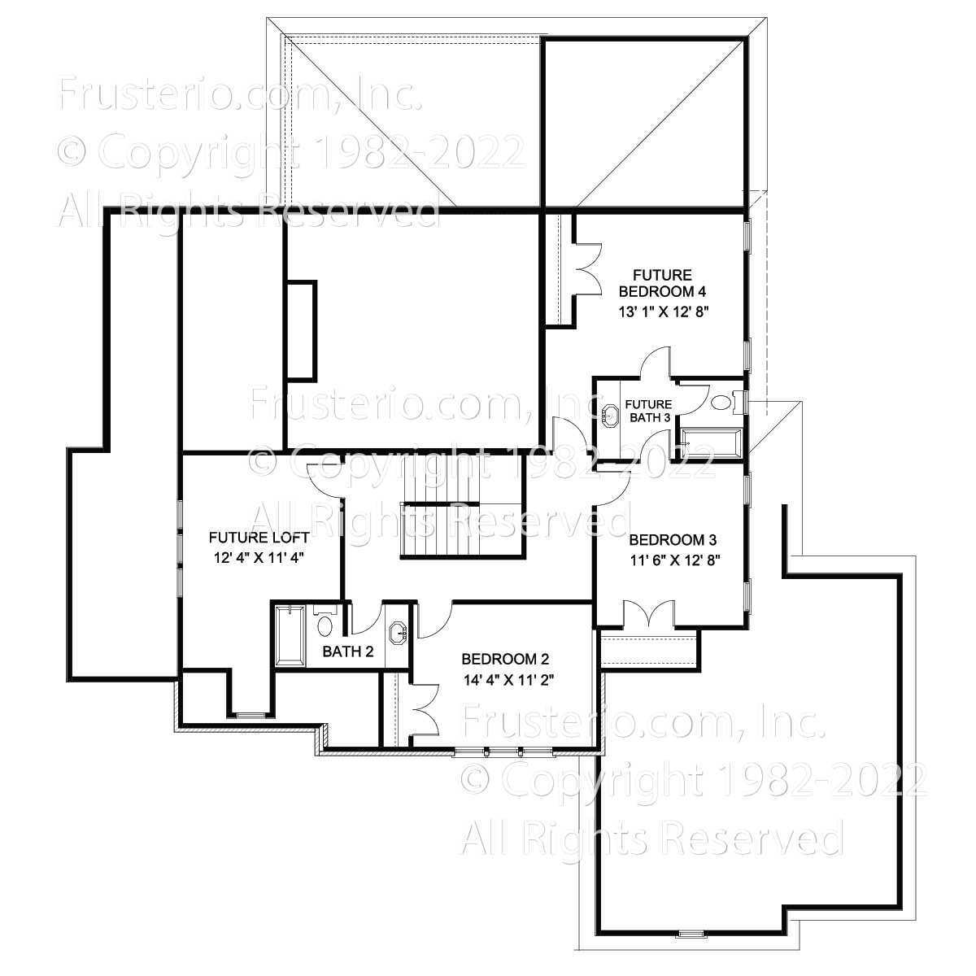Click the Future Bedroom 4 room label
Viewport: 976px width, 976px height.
pos(662,283)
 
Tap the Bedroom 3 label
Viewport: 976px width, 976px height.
pos(673,540)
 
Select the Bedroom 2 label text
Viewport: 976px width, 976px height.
pos(505,659)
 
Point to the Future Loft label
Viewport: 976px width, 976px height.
pos(259,538)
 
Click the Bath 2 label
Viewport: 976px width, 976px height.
pos(348,651)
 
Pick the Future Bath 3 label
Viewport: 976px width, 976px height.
pos(648,411)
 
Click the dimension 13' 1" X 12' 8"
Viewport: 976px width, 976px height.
pos(663,312)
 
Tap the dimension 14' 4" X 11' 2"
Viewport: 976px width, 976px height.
pos(508,680)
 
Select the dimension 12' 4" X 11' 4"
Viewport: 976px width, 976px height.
pos(259,558)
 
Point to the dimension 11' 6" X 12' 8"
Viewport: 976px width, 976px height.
pos(674,560)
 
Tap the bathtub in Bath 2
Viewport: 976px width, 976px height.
pos(290,635)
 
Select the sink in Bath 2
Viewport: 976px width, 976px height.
pos(398,634)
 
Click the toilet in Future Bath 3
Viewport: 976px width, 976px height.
pos(725,403)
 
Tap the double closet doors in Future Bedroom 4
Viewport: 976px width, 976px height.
pos(587,269)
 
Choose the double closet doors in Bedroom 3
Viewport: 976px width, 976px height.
pos(649,614)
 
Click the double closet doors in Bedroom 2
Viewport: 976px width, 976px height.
pos(425,709)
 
